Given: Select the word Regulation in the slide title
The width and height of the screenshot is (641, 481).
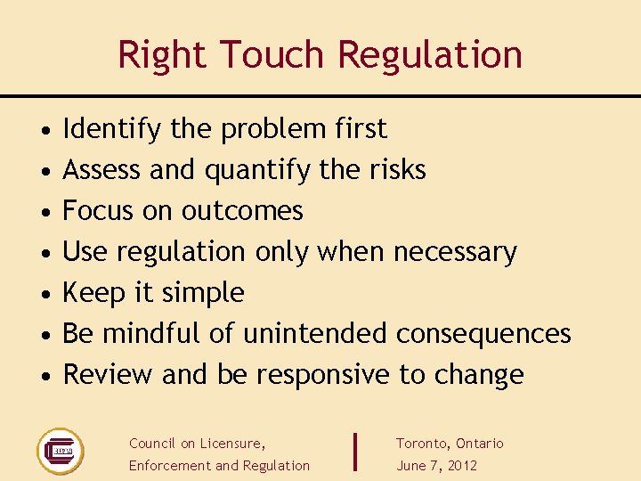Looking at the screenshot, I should (x=430, y=54).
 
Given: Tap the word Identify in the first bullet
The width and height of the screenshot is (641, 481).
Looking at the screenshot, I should (x=112, y=129).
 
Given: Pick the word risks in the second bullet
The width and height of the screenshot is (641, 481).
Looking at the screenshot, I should (x=397, y=170).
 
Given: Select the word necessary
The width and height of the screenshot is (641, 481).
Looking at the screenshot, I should (x=455, y=252).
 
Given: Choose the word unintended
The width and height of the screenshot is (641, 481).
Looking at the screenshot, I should (x=315, y=334).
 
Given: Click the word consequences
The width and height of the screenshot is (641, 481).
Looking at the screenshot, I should (x=483, y=334).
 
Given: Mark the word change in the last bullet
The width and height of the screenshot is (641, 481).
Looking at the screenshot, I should (x=479, y=375).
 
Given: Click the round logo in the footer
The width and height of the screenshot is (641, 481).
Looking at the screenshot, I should (x=60, y=451).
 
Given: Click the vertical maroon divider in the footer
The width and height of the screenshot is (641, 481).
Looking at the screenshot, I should (x=356, y=452).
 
